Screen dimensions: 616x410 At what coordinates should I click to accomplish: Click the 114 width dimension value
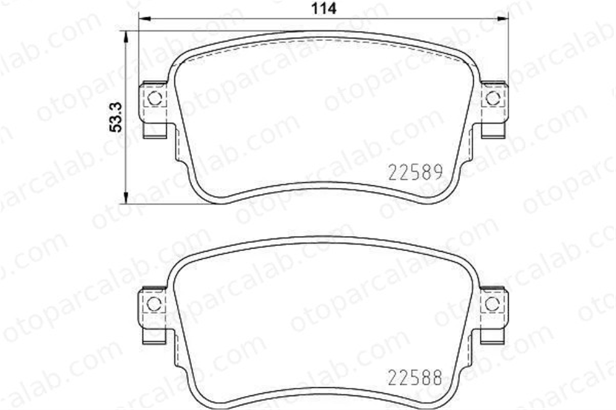click(x=324, y=8)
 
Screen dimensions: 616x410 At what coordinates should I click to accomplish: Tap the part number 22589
click(x=416, y=172)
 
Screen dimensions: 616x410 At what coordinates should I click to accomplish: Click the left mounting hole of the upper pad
click(x=155, y=98)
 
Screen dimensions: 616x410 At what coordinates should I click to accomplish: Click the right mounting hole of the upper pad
click(x=493, y=98)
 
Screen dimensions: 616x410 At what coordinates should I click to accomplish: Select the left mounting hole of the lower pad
click(x=153, y=303)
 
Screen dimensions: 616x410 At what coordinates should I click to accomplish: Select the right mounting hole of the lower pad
click(x=492, y=303)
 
